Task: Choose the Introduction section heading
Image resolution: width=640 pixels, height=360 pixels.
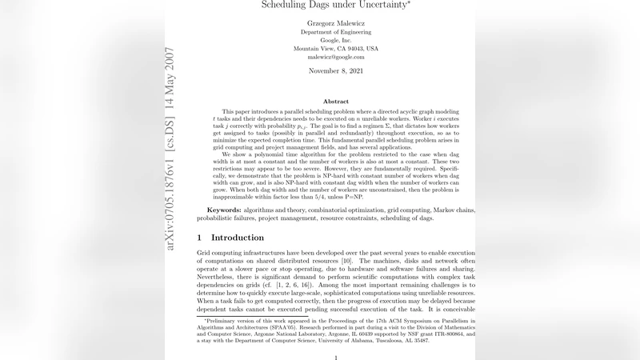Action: coord(237,238)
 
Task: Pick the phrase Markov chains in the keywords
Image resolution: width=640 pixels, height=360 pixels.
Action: coord(450,210)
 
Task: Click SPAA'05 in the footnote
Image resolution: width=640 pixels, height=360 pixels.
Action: coord(278,327)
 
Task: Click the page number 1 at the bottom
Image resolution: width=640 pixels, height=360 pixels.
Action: coord(336,356)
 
